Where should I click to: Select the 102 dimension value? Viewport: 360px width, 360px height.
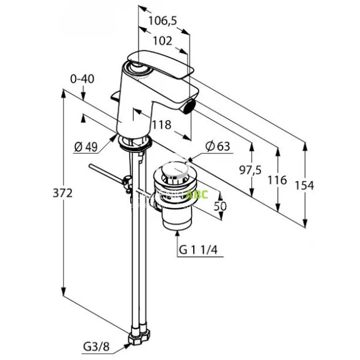162,41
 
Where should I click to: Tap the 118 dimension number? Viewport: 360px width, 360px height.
161,125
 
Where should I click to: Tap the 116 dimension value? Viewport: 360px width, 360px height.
278,180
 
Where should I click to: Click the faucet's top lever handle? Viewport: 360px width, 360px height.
162,67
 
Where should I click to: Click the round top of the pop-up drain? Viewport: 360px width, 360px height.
175,173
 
